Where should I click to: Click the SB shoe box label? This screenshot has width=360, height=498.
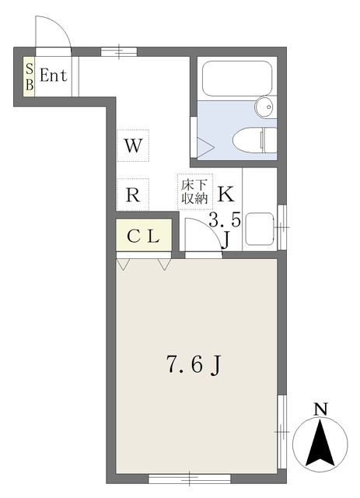pos(30,76)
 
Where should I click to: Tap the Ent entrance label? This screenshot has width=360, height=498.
pos(54,76)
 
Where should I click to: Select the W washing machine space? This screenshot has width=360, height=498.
pos(133,145)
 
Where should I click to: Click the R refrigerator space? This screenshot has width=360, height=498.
pos(133,195)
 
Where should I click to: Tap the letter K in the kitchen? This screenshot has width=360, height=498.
pos(225,193)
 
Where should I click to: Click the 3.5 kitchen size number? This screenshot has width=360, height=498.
pos(225,220)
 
